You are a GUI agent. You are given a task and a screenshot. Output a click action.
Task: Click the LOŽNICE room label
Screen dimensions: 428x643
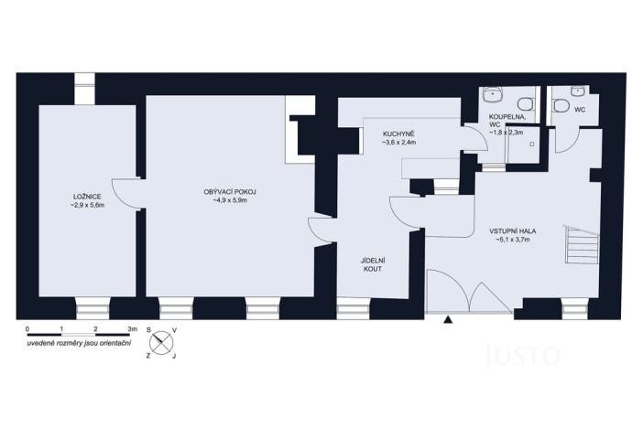pyautogui.click(x=87, y=198)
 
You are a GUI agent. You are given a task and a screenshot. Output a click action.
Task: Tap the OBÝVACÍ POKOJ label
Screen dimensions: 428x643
pyautogui.click(x=230, y=191)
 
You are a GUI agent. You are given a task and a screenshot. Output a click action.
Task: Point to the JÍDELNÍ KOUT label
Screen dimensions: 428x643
pyautogui.click(x=372, y=266)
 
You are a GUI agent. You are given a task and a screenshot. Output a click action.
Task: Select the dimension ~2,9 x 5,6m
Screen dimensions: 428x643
pyautogui.click(x=88, y=207)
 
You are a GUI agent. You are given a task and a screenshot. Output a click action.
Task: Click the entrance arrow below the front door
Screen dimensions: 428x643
pyautogui.click(x=448, y=319)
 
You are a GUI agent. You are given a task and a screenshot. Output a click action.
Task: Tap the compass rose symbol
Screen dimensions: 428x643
pyautogui.click(x=163, y=341)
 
